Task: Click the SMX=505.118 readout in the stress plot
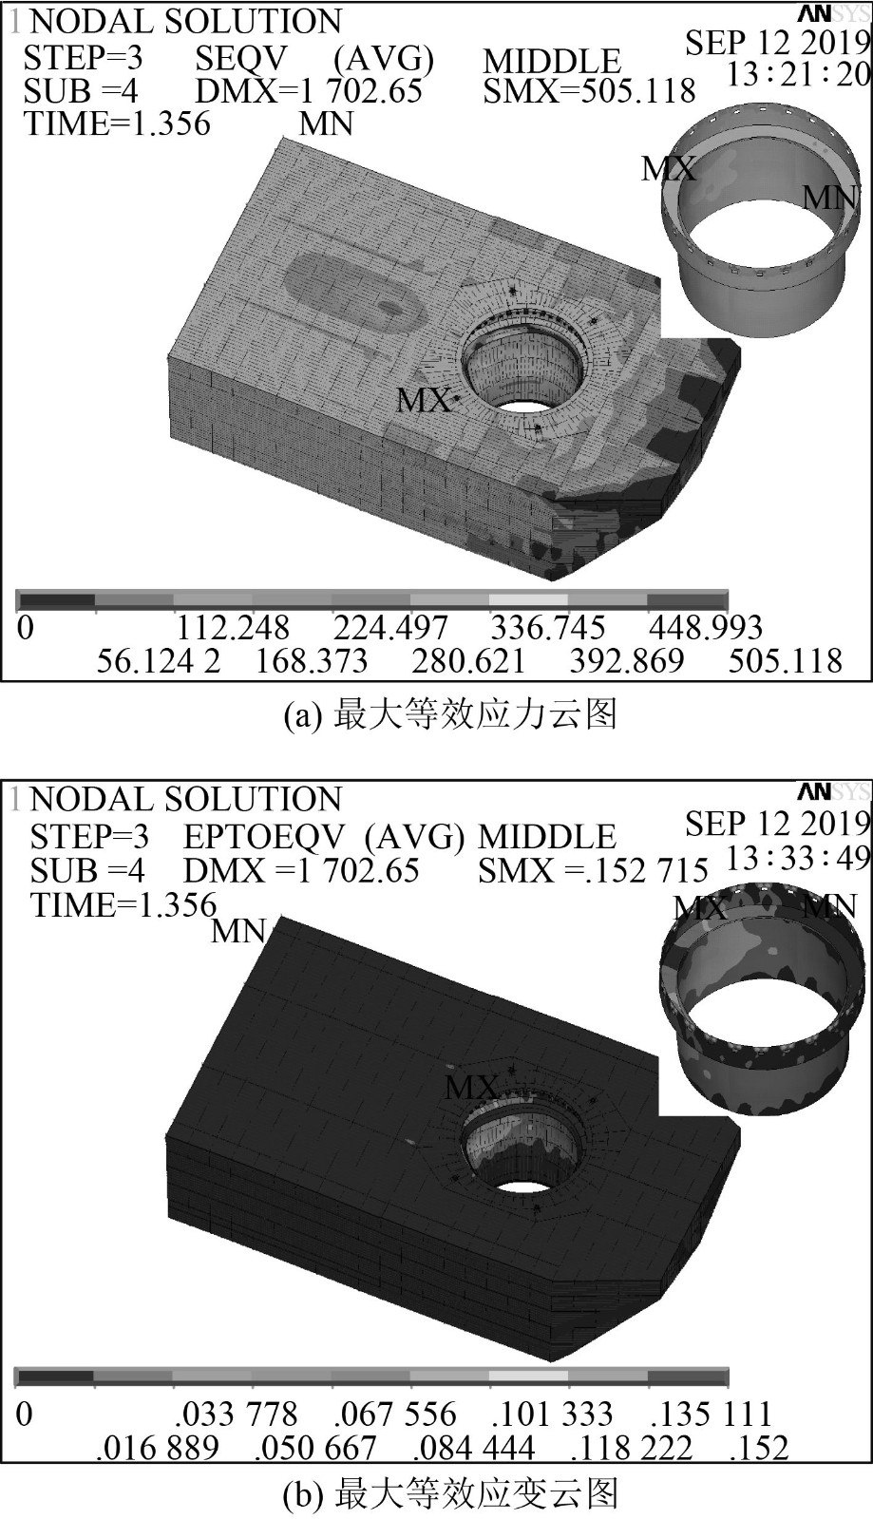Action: point(589,91)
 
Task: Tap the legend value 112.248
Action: point(233,628)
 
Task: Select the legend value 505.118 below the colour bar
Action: point(786,660)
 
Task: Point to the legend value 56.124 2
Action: point(159,660)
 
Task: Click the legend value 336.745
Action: point(547,628)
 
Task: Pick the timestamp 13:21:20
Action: point(798,74)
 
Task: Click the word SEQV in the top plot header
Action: point(240,59)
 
